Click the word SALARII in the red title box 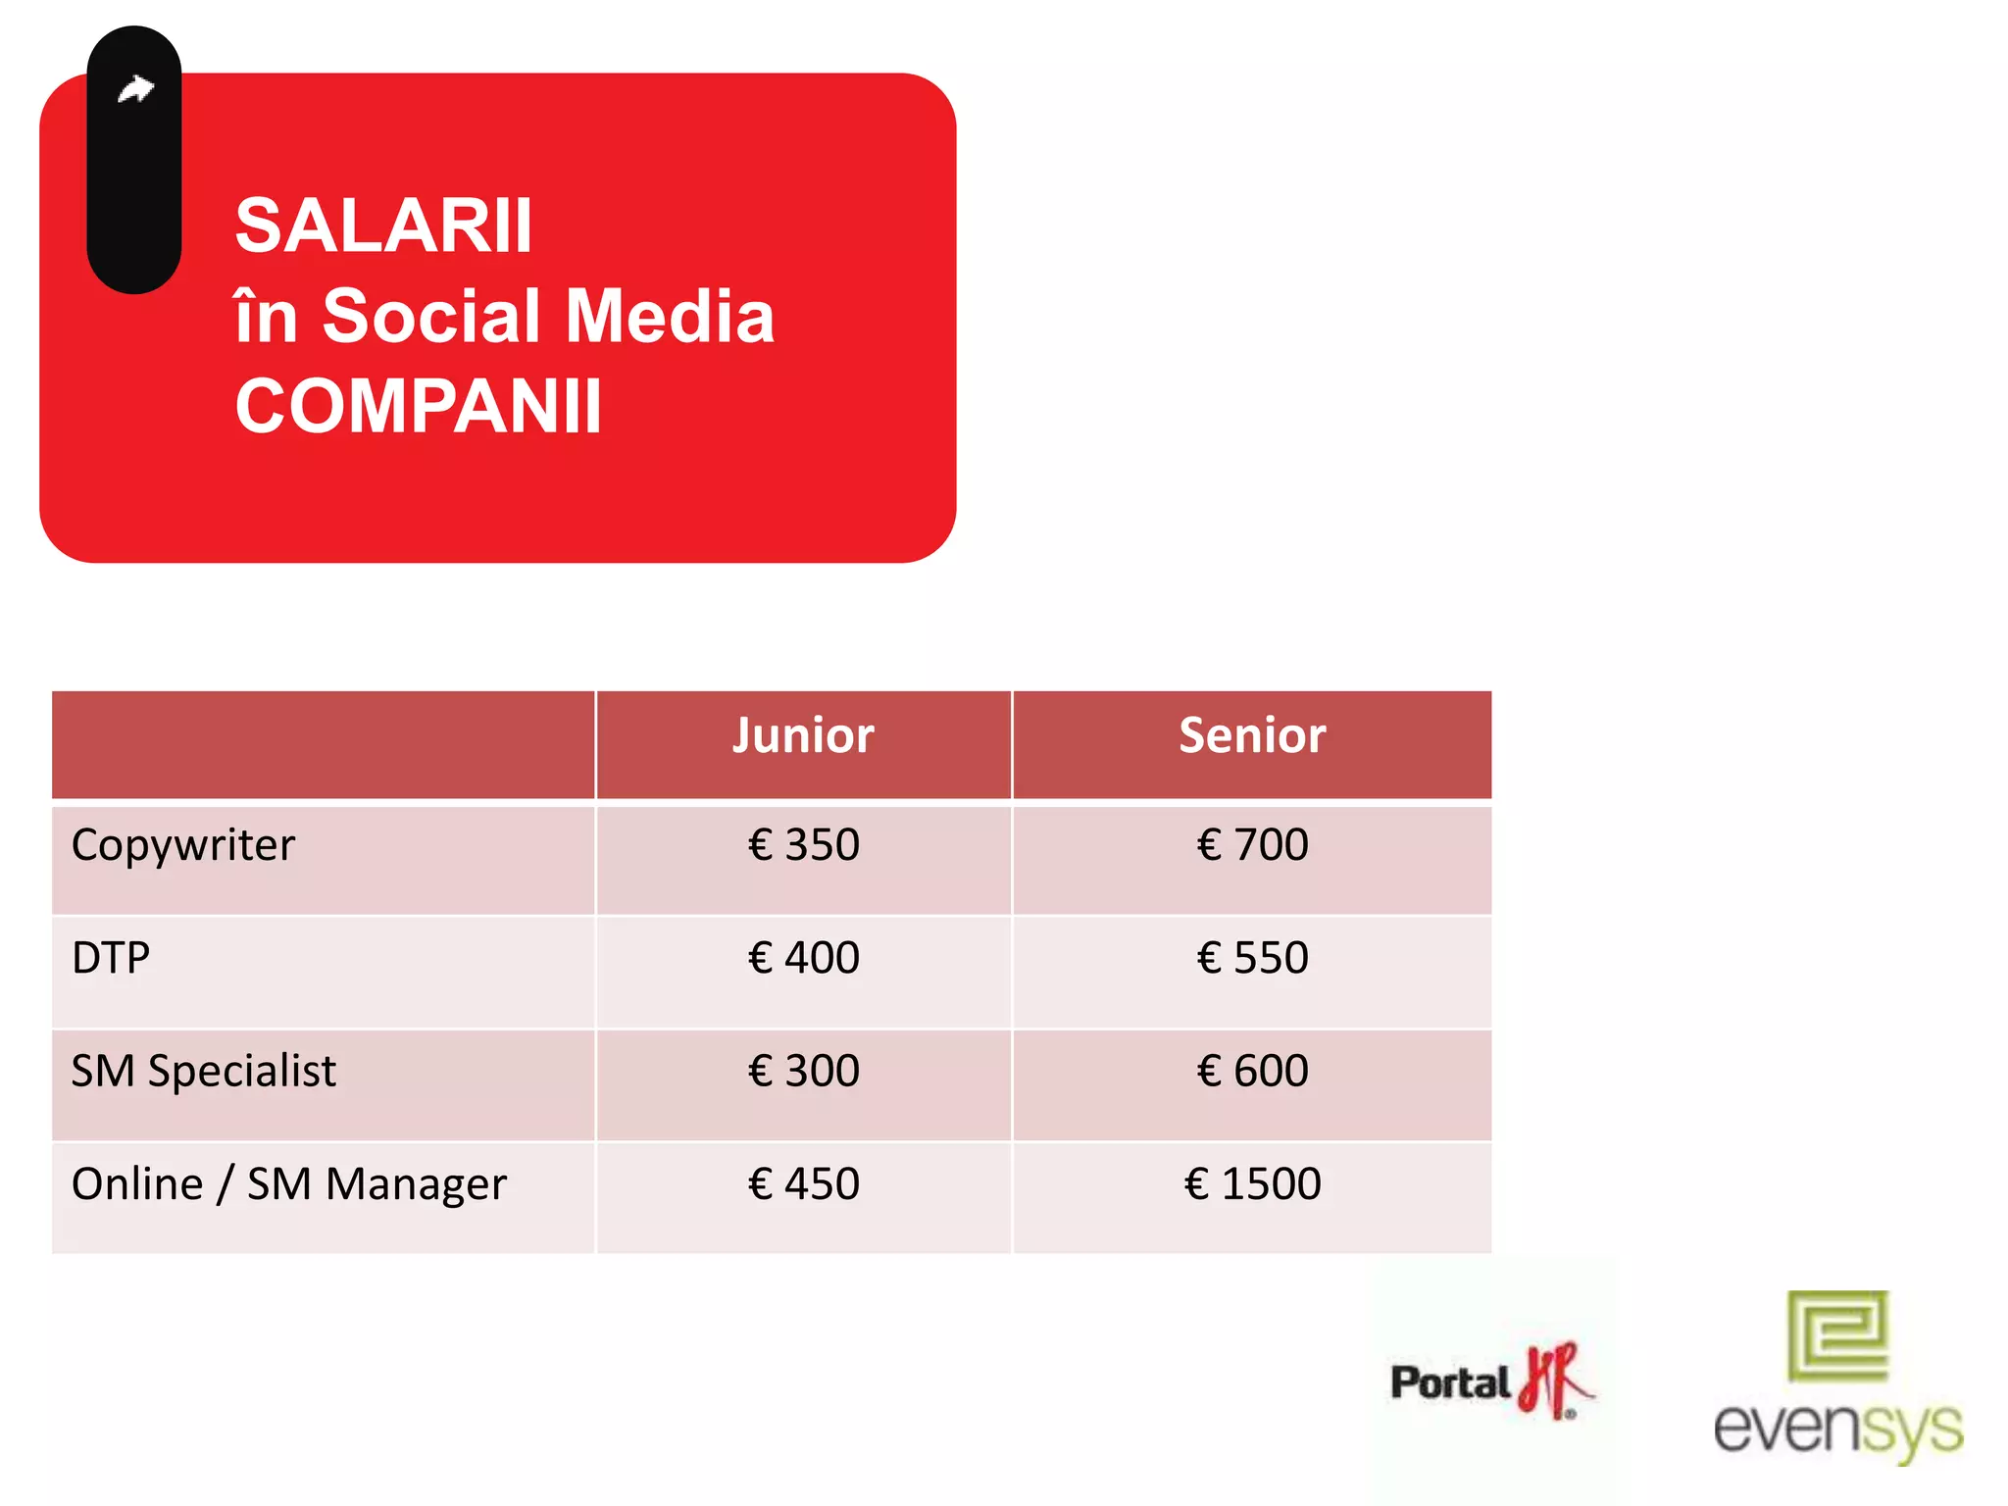click(383, 226)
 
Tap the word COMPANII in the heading click(418, 407)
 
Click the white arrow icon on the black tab click(135, 90)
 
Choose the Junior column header click(803, 736)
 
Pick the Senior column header click(1252, 736)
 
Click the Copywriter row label click(183, 846)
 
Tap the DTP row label click(111, 958)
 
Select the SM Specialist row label click(204, 1071)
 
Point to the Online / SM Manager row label click(289, 1184)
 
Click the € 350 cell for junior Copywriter click(803, 845)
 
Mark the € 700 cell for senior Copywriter click(1252, 845)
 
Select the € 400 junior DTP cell click(803, 958)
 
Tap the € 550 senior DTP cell click(1252, 958)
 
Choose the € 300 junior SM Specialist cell click(803, 1071)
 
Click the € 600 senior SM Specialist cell click(1252, 1071)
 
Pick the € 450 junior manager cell click(803, 1184)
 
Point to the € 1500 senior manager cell click(1252, 1184)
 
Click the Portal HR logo click(1490, 1381)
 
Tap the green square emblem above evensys click(1837, 1335)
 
